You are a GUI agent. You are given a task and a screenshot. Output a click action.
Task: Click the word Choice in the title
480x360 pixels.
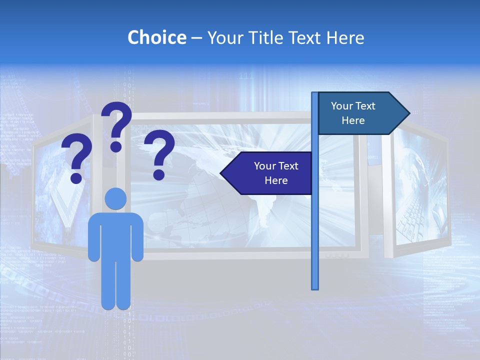pyautogui.click(x=156, y=38)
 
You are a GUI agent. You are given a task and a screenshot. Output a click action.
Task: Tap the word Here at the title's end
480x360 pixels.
pyautogui.click(x=345, y=38)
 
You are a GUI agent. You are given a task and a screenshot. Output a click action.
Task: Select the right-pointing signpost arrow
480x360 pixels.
pyautogui.click(x=363, y=113)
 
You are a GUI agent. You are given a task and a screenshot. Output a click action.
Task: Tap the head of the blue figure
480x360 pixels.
pyautogui.click(x=115, y=198)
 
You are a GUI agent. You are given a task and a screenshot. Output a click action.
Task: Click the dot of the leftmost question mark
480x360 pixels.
pyautogui.click(x=76, y=178)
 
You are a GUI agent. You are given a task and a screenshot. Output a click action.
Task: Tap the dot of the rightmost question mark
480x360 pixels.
pyautogui.click(x=159, y=174)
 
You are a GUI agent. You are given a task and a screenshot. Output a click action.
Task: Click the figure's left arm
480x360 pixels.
pyautogui.click(x=93, y=240)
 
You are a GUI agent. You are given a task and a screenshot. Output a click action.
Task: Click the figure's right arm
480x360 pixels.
pyautogui.click(x=137, y=240)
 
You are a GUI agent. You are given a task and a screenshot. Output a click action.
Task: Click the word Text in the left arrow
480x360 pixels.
pyautogui.click(x=287, y=166)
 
